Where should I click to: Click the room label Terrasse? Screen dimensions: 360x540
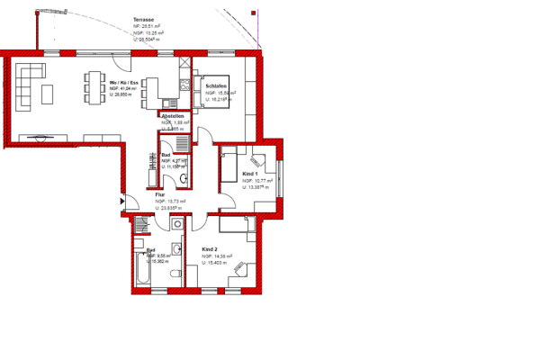(x=143, y=19)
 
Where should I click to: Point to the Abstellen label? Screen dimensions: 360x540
(x=173, y=116)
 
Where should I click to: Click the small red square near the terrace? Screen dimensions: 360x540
(x=254, y=13)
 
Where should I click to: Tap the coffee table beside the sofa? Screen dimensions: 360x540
(x=50, y=93)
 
